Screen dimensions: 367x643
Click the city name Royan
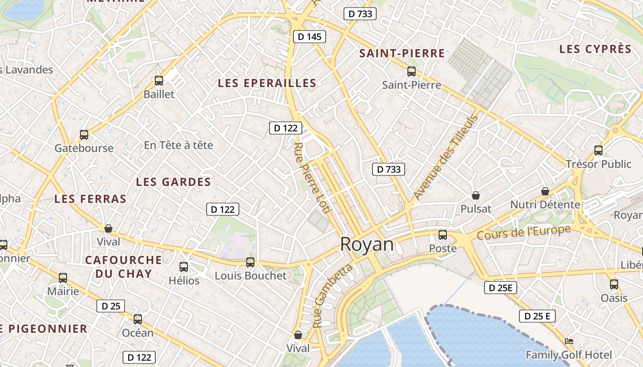click(x=367, y=245)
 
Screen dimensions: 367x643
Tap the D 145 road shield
click(x=309, y=37)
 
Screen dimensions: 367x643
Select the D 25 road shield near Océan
click(x=110, y=306)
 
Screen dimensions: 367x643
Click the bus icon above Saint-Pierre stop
click(x=411, y=72)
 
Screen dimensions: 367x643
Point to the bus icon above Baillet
click(x=159, y=81)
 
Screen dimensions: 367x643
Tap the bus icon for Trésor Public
click(x=598, y=150)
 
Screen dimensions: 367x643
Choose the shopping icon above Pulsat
click(x=476, y=196)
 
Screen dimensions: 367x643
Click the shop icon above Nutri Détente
click(x=545, y=191)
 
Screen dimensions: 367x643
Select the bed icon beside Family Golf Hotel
click(x=569, y=341)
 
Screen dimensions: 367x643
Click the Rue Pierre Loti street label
click(x=312, y=178)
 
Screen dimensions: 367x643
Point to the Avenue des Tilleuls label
click(x=446, y=157)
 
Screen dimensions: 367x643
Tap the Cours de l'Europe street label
click(x=524, y=232)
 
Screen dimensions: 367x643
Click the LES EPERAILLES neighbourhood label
click(x=267, y=83)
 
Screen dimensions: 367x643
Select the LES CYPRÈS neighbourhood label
click(x=595, y=49)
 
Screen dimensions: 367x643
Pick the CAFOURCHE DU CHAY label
click(x=124, y=267)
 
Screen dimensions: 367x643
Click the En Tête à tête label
click(x=178, y=145)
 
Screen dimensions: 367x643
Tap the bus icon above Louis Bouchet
click(x=250, y=262)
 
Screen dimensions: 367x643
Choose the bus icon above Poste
click(x=442, y=235)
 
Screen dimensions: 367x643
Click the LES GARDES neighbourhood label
click(x=173, y=182)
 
